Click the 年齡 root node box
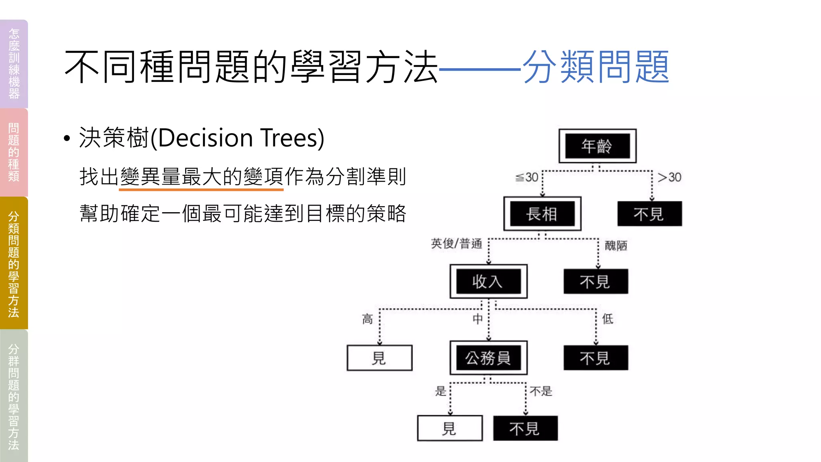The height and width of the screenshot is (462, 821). tap(597, 146)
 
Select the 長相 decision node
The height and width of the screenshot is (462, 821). tap(542, 214)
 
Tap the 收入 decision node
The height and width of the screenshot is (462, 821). tap(488, 282)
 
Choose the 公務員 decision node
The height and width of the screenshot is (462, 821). tap(488, 358)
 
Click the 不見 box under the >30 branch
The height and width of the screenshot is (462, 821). tap(649, 214)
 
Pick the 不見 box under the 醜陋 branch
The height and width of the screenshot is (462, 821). tap(596, 282)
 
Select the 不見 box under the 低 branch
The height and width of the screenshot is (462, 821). tap(596, 358)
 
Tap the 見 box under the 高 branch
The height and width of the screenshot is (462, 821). tap(379, 358)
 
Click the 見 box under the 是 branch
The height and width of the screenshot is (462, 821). tap(450, 428)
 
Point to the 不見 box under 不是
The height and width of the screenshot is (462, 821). tap(525, 428)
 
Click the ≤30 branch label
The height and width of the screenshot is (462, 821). tap(527, 177)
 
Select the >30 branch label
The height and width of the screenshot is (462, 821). tap(669, 177)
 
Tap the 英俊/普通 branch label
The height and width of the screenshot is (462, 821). tap(457, 243)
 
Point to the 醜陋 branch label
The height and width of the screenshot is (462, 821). tap(616, 245)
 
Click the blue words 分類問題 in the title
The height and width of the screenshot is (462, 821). tap(596, 67)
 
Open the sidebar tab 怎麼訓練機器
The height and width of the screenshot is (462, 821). tap(14, 64)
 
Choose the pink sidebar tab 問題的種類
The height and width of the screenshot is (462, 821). tap(14, 152)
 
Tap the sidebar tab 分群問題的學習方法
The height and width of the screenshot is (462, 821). tap(14, 396)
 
